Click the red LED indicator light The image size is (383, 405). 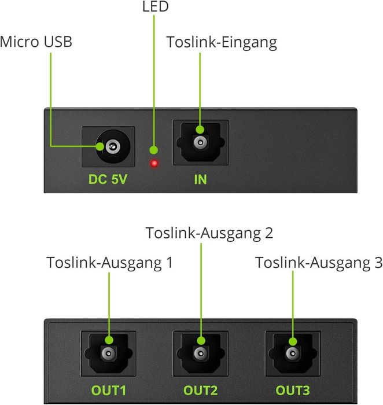pos(154,163)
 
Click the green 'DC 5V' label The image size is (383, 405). pos(108,179)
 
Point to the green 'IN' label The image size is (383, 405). pos(200,179)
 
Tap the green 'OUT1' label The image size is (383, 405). pos(108,389)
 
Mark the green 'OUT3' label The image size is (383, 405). pos(292,389)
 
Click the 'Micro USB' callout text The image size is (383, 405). pos(36,42)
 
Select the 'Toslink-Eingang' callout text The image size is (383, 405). pos(222,42)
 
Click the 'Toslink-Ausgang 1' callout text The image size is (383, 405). pos(110,262)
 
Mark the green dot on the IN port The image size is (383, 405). pos(200,130)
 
